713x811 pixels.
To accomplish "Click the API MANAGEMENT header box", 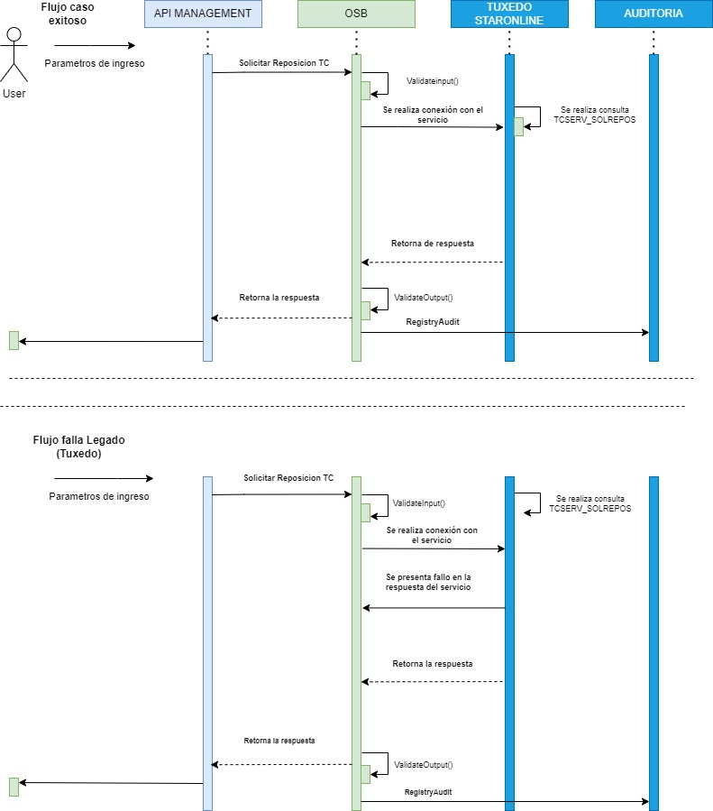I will click(203, 14).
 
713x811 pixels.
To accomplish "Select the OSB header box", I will click(356, 14).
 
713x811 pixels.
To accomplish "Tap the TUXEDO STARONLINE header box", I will click(509, 14).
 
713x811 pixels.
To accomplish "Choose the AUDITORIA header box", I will click(653, 14).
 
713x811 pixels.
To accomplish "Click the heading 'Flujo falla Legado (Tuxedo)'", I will click(78, 447).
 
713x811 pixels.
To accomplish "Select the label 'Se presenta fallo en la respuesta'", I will click(428, 582).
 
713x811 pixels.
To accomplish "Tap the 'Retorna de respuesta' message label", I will click(433, 244).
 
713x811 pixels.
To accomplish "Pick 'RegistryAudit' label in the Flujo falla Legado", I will click(428, 790).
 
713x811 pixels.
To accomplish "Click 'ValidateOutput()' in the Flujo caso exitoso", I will click(423, 297).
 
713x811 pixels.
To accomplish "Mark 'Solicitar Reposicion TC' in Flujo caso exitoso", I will click(284, 63).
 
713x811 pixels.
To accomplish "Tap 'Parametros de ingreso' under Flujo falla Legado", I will click(99, 496).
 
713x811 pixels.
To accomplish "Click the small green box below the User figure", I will click(14, 340).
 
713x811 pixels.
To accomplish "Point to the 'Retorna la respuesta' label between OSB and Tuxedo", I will click(433, 663).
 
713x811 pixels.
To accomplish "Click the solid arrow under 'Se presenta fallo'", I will click(434, 608).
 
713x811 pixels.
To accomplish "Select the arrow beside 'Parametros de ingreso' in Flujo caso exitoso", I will click(94, 46).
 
